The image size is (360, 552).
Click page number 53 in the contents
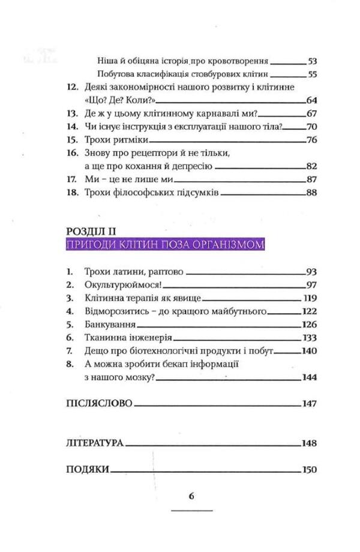pos(312,61)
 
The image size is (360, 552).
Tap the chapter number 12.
pos(71,88)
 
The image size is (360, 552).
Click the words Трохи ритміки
pos(109,140)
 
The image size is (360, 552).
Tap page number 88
pos(311,193)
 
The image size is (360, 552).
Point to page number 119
pos(310,298)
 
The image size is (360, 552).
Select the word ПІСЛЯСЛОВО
pos(97,404)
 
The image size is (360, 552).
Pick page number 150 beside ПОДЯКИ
pos(309,470)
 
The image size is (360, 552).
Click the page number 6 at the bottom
pos(191,496)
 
